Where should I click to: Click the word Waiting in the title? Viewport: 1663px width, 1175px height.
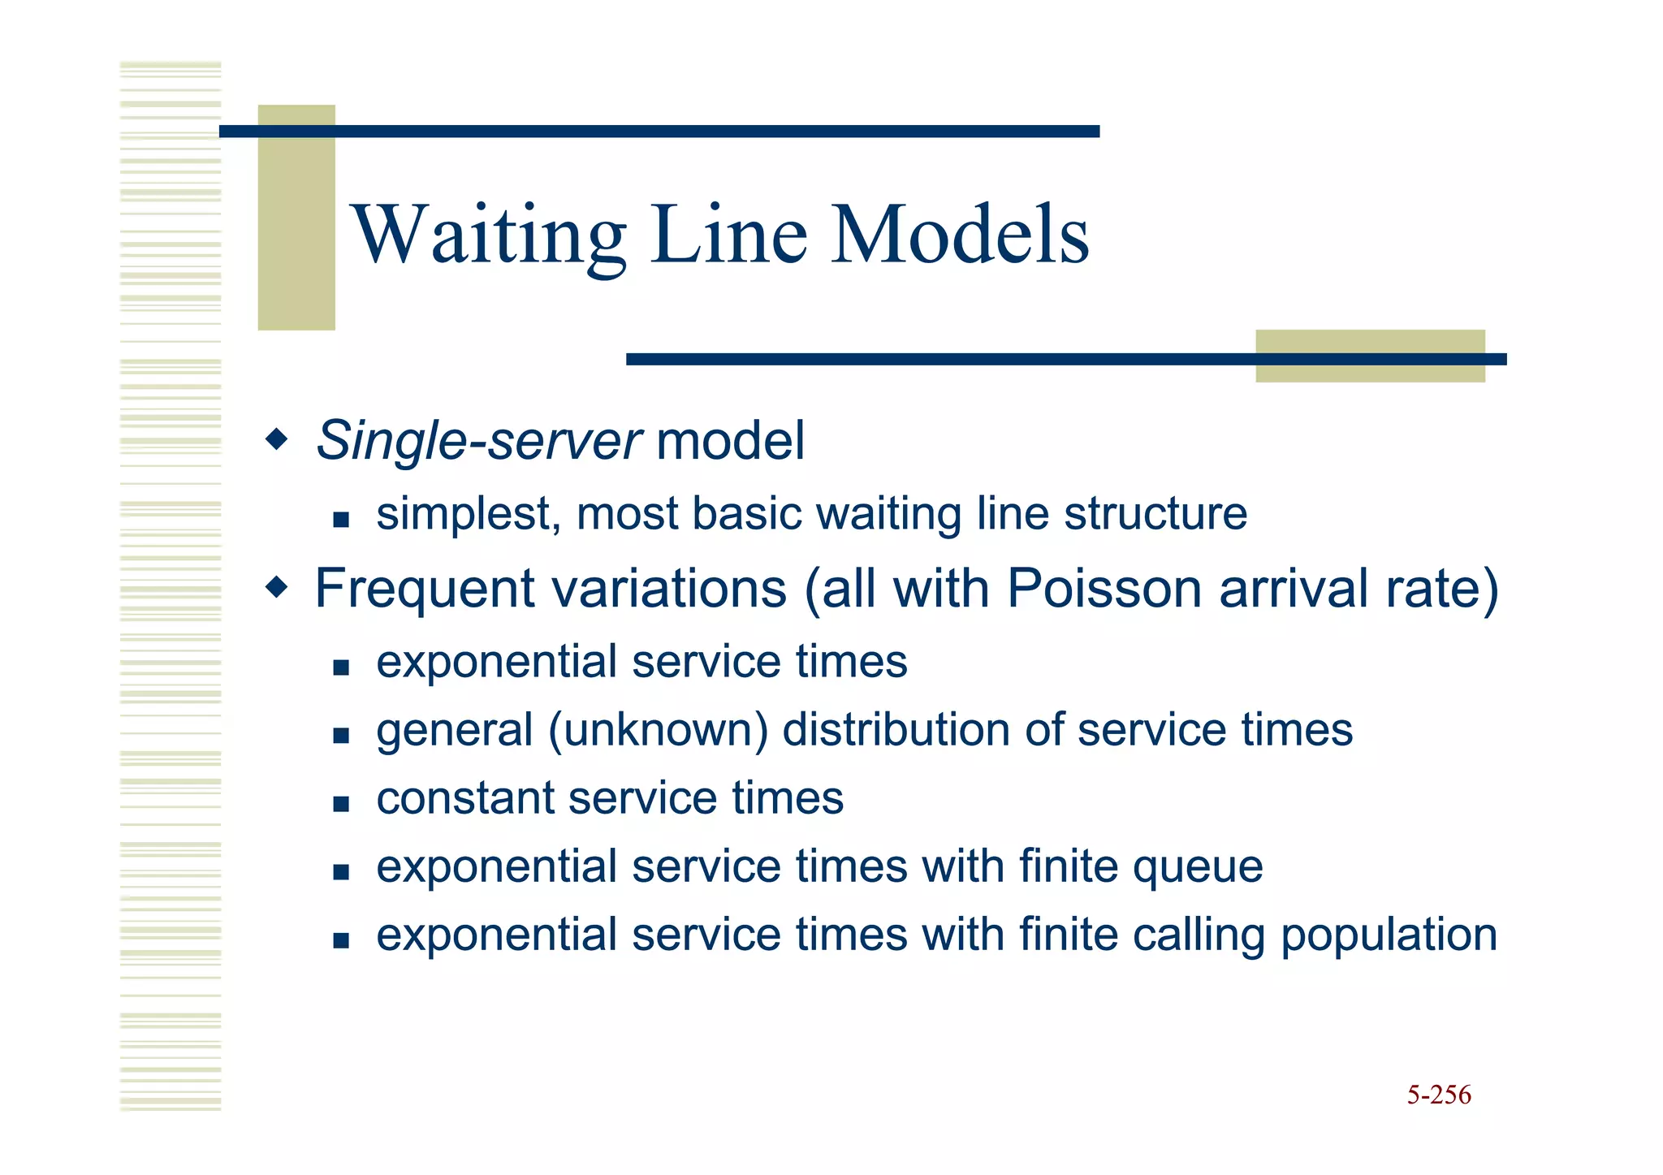tap(488, 235)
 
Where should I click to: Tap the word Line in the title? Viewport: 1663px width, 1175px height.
tap(728, 235)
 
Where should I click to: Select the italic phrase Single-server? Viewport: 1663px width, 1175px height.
tap(479, 441)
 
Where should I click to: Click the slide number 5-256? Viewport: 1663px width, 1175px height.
tap(1438, 1095)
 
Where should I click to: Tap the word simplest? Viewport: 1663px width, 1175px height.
tap(468, 515)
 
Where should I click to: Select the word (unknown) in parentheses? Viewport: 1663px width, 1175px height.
tap(658, 729)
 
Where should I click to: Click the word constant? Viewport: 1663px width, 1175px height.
tap(464, 798)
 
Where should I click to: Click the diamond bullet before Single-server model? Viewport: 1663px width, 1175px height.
tap(277, 440)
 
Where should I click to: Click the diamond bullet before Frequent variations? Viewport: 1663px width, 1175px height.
tap(277, 587)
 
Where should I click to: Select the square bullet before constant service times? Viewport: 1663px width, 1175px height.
tap(341, 804)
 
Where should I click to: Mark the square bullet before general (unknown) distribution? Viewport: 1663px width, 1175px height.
tap(341, 736)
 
